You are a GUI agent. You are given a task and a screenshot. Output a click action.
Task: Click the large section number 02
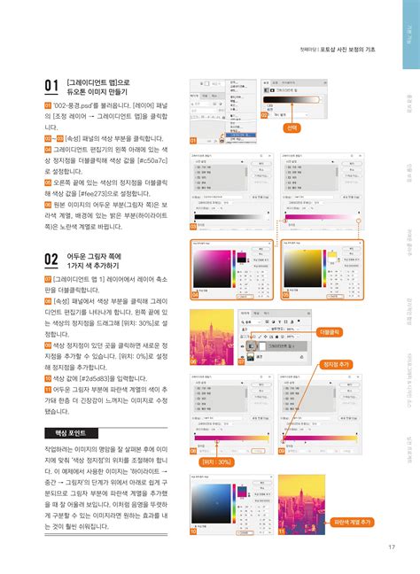tap(52, 259)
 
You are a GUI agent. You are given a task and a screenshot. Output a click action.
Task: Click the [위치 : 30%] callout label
tap(216, 462)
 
